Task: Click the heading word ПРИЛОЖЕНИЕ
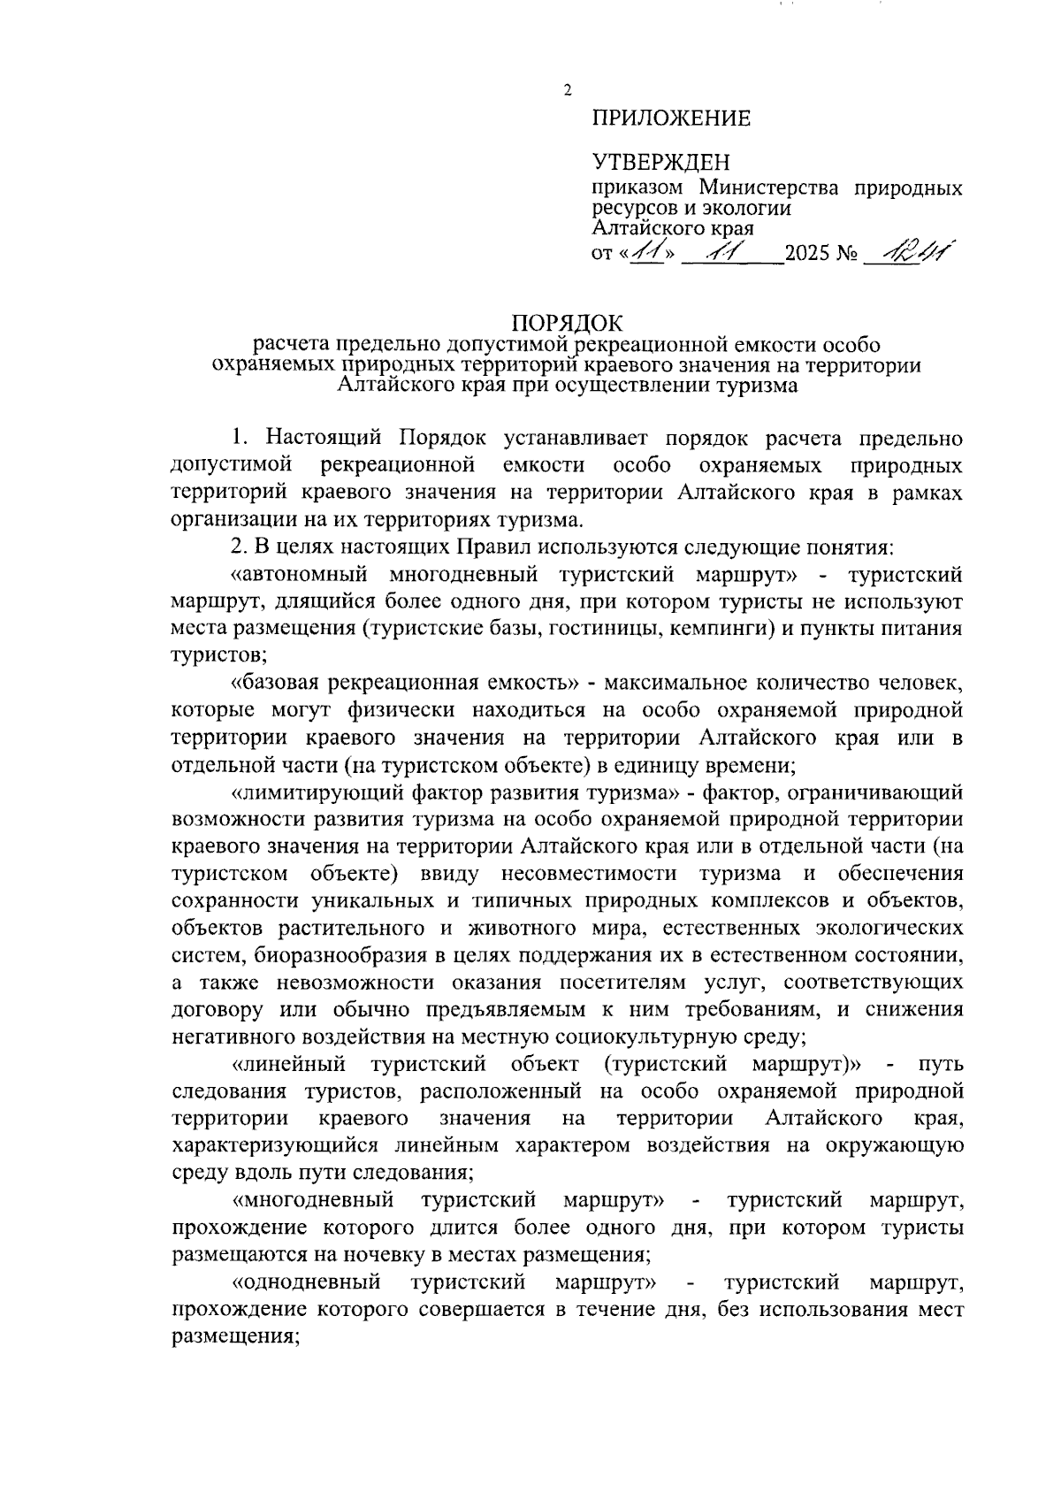671,119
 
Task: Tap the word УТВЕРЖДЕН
661,163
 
